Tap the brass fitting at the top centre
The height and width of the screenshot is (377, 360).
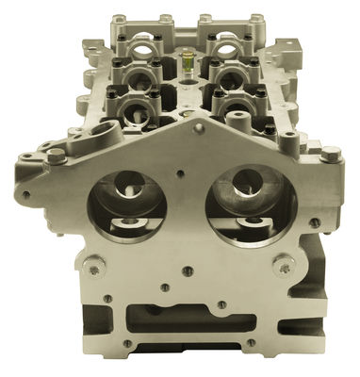tap(187, 62)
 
